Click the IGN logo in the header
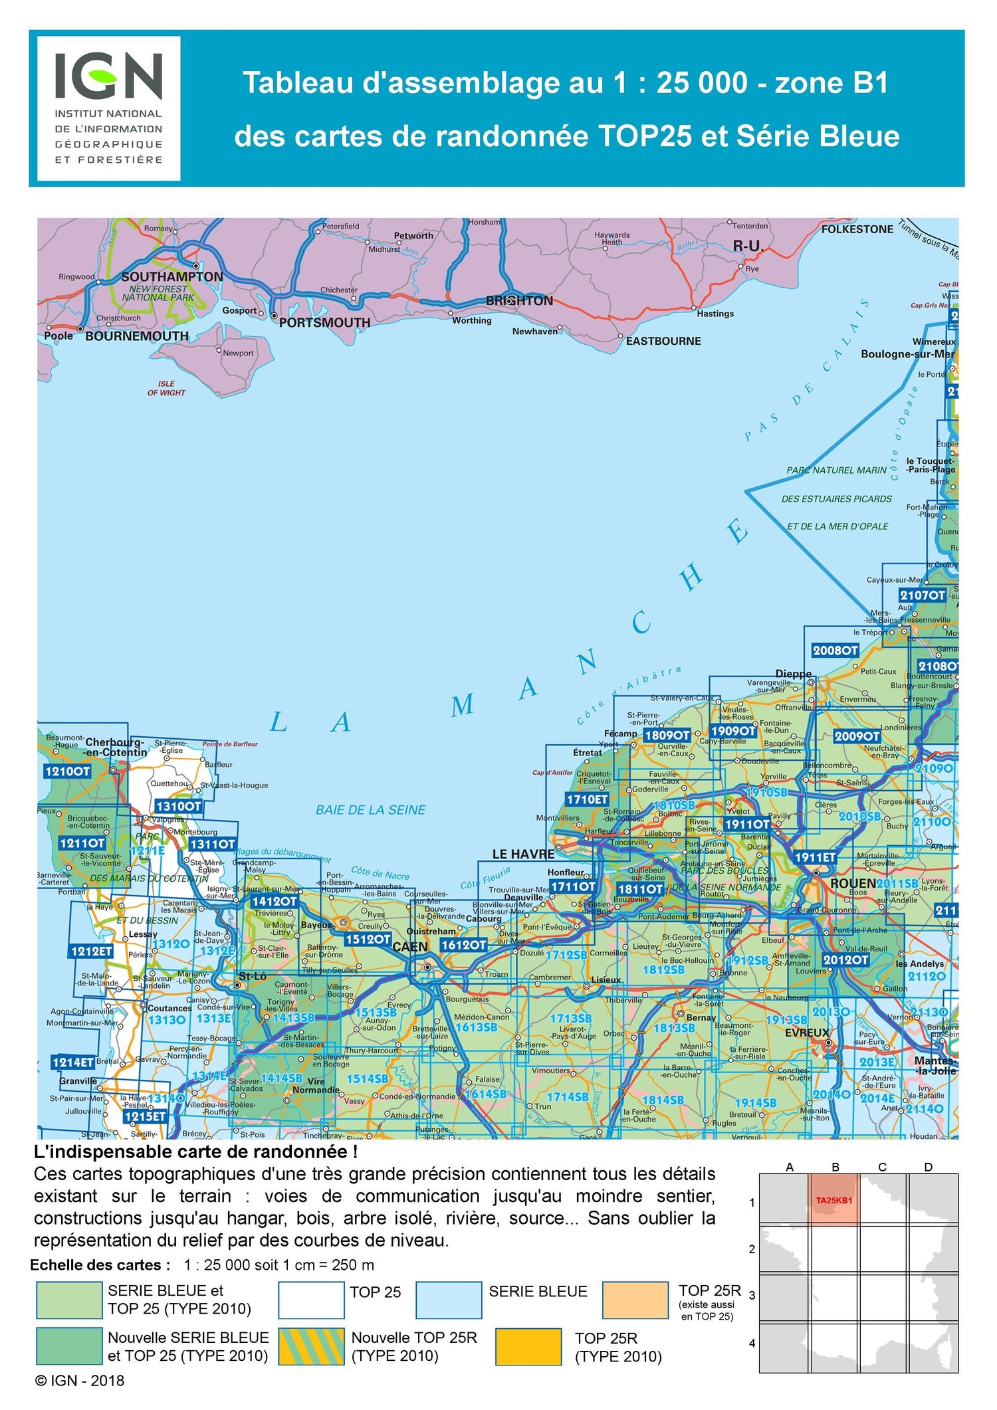point(108,108)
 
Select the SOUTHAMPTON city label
point(172,276)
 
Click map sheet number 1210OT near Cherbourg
point(67,771)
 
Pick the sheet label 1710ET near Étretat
point(587,799)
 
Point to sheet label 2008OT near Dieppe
point(835,651)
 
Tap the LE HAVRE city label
point(523,854)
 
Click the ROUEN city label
point(853,883)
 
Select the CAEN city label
point(410,946)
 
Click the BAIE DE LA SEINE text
point(370,810)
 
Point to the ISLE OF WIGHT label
point(166,388)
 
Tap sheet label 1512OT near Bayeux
point(368,939)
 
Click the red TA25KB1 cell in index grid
point(834,1200)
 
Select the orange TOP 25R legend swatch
point(635,1300)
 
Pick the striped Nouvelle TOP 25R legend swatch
point(311,1346)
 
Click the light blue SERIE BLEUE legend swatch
point(449,1300)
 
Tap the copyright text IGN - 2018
point(80,1380)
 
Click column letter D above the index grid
point(928,1167)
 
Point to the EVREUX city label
point(807,1033)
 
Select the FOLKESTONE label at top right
point(857,229)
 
